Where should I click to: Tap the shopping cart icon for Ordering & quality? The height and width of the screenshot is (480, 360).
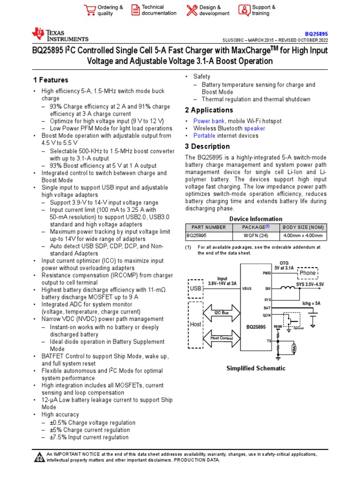(x=89, y=10)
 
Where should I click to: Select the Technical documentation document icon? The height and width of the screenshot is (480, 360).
(x=135, y=10)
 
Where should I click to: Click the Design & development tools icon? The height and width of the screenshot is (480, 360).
(x=192, y=10)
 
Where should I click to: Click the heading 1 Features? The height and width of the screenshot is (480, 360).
(x=51, y=80)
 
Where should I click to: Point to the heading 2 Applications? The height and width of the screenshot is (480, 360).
(x=209, y=110)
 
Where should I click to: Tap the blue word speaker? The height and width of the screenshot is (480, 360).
(x=255, y=128)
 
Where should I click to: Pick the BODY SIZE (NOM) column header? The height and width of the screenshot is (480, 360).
(x=303, y=227)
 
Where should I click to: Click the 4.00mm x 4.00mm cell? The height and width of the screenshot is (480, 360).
(x=303, y=236)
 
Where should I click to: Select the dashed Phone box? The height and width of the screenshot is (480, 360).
(x=307, y=273)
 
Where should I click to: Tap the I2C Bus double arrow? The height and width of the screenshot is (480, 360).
(x=221, y=312)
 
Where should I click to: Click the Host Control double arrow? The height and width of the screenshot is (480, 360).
(x=221, y=337)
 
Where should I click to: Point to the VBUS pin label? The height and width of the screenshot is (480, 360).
(x=247, y=289)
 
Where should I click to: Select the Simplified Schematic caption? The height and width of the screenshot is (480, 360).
(x=255, y=368)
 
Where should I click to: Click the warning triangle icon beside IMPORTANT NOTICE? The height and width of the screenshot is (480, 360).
(x=39, y=457)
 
